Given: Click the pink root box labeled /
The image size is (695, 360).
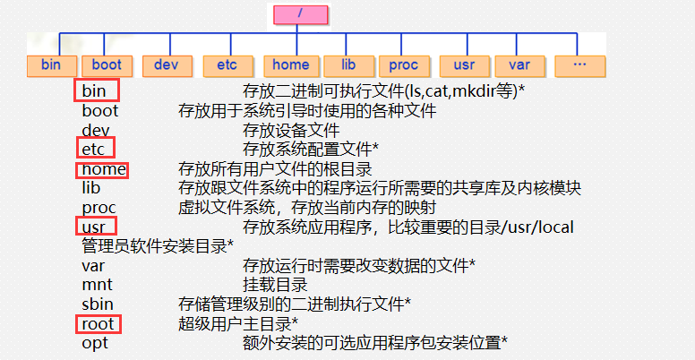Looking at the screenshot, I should [300, 14].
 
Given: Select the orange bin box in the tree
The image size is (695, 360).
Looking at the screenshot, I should [52, 65].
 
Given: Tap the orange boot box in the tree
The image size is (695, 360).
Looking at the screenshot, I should [107, 65].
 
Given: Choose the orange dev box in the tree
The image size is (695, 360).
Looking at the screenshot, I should [167, 65].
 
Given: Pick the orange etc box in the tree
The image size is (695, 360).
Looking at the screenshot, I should [227, 65].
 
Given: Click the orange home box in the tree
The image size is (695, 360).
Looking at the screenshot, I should [290, 65].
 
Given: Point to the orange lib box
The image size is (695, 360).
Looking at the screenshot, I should [348, 65].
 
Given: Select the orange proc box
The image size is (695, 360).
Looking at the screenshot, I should [404, 65].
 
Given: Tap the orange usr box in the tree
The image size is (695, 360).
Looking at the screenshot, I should [464, 65].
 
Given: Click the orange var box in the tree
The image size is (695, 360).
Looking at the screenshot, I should [519, 65].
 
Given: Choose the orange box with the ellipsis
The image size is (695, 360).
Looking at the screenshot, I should [579, 65].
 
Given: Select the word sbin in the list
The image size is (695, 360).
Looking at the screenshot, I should [98, 304].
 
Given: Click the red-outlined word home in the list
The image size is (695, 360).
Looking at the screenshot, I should [103, 168].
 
